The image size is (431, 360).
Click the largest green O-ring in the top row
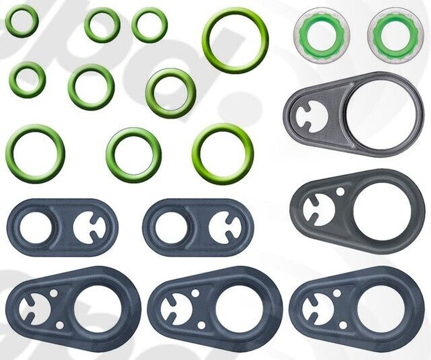click(235, 40)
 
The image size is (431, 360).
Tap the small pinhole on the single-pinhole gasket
click(341, 192)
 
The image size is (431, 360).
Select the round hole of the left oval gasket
click(36, 227)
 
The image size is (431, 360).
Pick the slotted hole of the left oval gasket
click(89, 228)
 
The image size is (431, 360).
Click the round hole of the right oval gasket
click(171, 228)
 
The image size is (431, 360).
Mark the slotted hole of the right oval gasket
click(224, 228)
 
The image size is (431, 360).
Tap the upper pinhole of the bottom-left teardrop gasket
click(54, 293)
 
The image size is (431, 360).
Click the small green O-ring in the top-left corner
click(22, 21)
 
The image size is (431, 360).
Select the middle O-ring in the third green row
click(134, 155)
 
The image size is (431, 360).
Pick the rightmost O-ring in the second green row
click(171, 93)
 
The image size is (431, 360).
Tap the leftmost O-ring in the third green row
click(35, 153)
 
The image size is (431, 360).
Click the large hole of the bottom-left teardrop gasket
click(98, 309)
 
